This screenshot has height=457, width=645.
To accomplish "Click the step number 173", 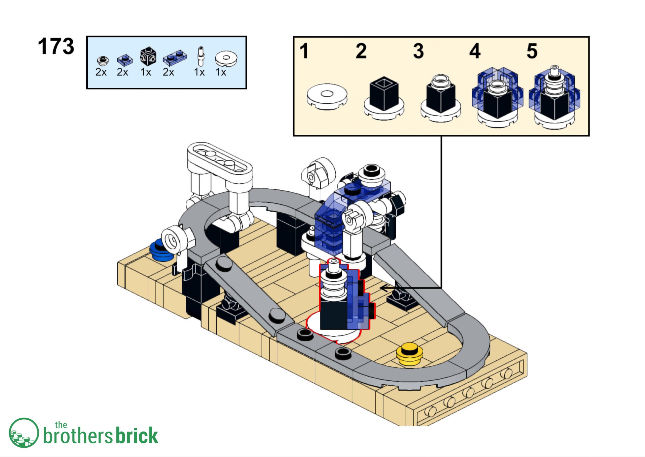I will click(56, 46).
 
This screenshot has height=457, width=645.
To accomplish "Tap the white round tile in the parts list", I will click(226, 59).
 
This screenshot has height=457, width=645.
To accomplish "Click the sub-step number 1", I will click(304, 51).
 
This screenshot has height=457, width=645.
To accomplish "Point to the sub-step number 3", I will click(418, 51).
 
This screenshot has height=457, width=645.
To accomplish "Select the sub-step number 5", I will click(532, 51).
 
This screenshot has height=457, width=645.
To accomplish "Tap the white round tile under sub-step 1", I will click(327, 96).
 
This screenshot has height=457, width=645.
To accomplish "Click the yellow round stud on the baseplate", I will click(409, 354).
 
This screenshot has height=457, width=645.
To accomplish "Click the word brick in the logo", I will click(137, 436).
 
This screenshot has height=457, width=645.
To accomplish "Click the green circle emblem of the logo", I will click(24, 433).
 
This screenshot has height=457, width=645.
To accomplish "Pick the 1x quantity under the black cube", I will click(146, 73).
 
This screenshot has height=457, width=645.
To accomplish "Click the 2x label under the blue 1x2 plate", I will click(168, 73).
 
